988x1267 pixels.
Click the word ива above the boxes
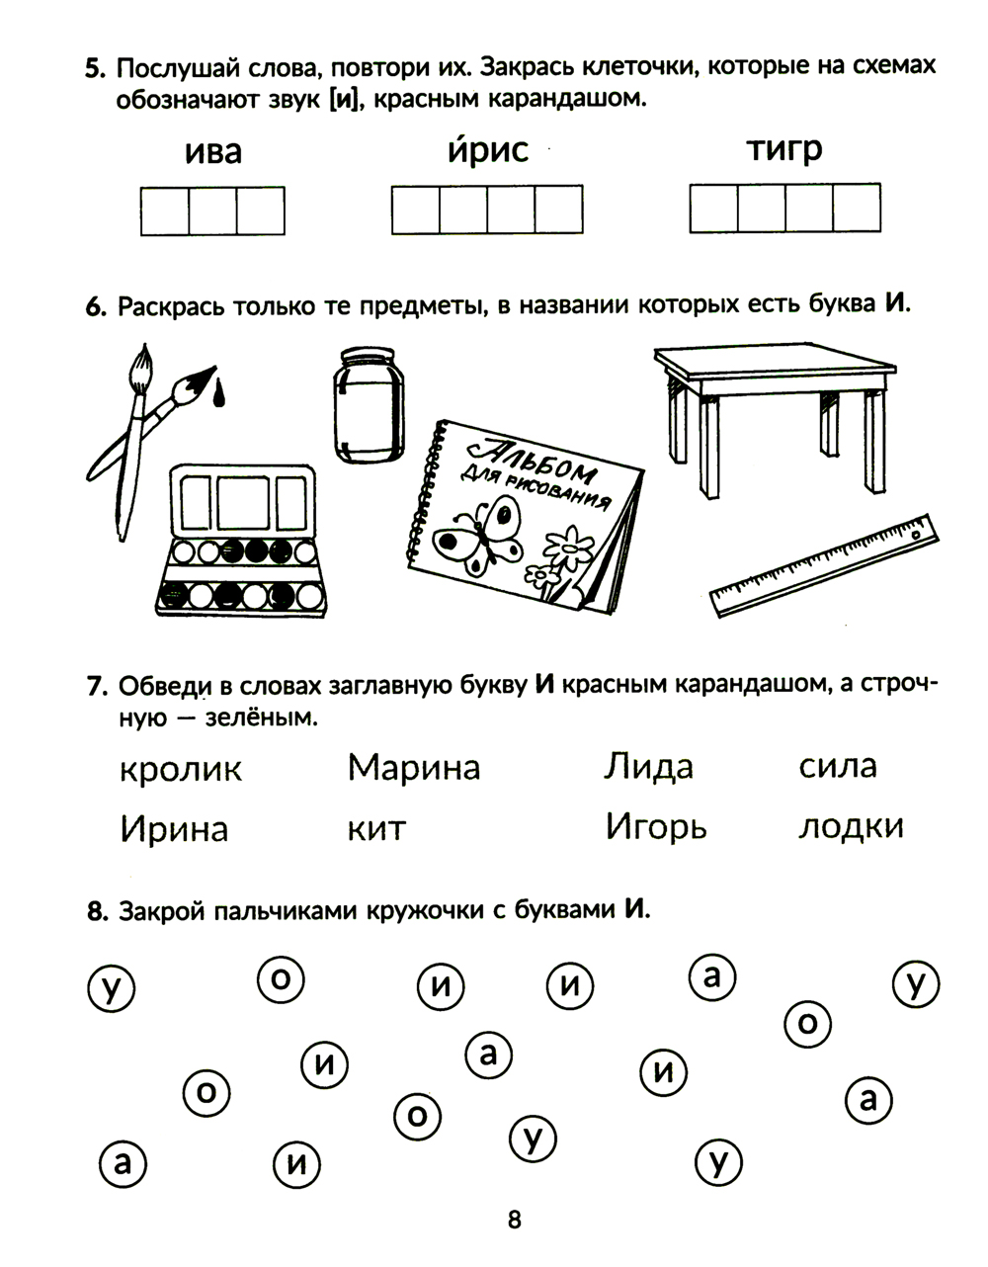tap(212, 152)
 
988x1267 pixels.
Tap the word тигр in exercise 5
tap(783, 150)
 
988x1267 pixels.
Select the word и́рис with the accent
tap(487, 150)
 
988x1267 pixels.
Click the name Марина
tap(414, 767)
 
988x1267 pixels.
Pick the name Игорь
tap(656, 826)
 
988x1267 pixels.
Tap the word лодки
tap(851, 826)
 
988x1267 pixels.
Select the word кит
tap(376, 828)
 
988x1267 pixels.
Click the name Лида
tap(648, 767)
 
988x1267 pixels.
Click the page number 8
tap(513, 1220)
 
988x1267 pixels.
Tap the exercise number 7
tap(96, 687)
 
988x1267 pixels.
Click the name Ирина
tap(174, 828)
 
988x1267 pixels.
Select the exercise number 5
tap(94, 69)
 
